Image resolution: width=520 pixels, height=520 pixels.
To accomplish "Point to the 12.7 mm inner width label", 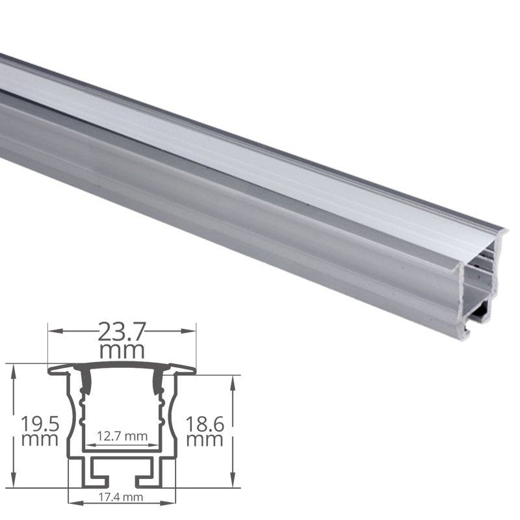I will (x=122, y=435).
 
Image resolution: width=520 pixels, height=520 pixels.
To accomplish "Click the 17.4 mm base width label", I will (x=122, y=498).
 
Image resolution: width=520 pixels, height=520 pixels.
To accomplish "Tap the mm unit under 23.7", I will (x=122, y=351).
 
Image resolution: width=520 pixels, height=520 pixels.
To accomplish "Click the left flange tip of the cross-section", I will (x=50, y=371).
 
